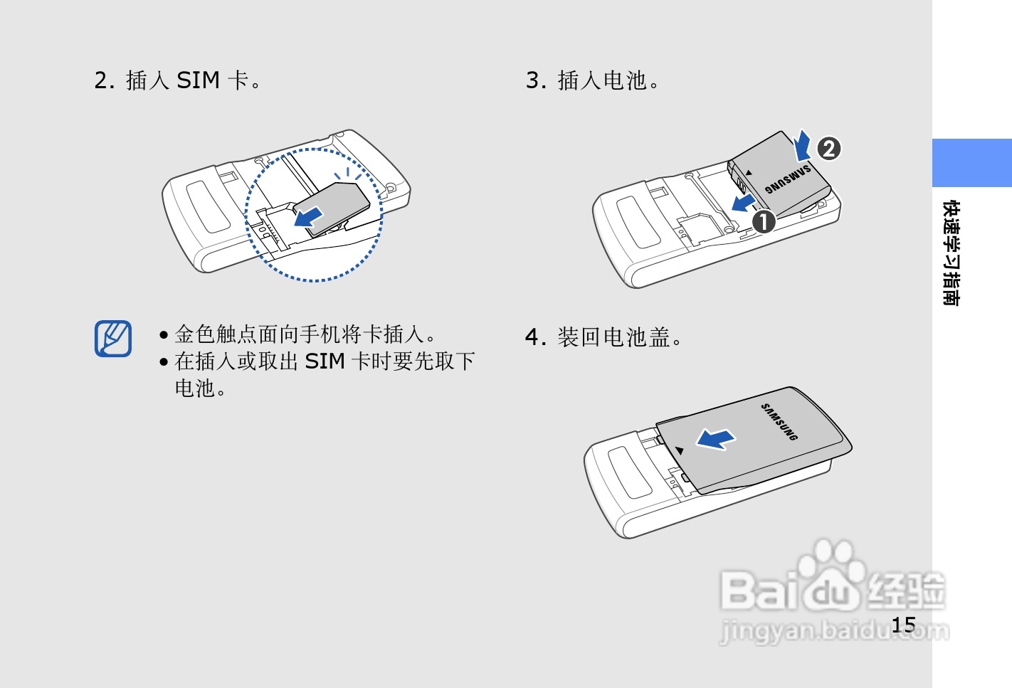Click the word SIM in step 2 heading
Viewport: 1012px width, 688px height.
[x=198, y=80]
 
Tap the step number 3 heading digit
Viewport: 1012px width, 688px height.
[x=532, y=80]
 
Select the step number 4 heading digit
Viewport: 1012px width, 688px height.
[x=532, y=337]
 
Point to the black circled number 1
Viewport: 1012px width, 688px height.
[x=764, y=222]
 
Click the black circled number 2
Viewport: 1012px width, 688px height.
[x=829, y=149]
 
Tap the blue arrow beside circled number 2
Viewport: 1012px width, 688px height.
[x=803, y=145]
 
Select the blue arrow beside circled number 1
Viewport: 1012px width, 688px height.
[x=743, y=203]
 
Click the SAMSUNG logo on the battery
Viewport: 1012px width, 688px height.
[x=788, y=180]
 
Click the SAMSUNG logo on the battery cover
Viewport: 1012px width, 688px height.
[x=779, y=422]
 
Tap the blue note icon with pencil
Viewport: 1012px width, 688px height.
[x=113, y=339]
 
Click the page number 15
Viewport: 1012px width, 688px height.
[x=903, y=625]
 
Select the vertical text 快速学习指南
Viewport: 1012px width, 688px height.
[x=951, y=253]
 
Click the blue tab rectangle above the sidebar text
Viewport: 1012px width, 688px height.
[x=971, y=163]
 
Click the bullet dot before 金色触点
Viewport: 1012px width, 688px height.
[x=164, y=335]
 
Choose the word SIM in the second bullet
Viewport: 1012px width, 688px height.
[x=325, y=361]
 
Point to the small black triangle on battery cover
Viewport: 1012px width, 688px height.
[x=680, y=450]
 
